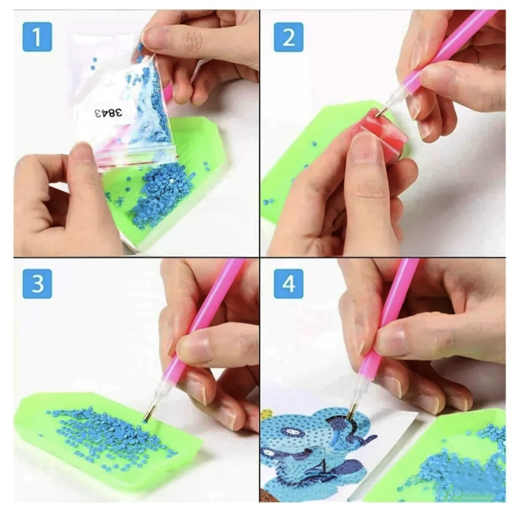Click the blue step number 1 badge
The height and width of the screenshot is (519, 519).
pyautogui.click(x=37, y=37)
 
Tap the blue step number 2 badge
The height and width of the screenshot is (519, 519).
pyautogui.click(x=289, y=37)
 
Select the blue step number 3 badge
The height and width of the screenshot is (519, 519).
pyautogui.click(x=37, y=284)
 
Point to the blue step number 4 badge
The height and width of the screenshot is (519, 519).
pyautogui.click(x=289, y=284)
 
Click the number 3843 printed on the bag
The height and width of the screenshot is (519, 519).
pyautogui.click(x=108, y=112)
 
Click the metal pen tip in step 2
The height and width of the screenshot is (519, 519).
pyautogui.click(x=380, y=111)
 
